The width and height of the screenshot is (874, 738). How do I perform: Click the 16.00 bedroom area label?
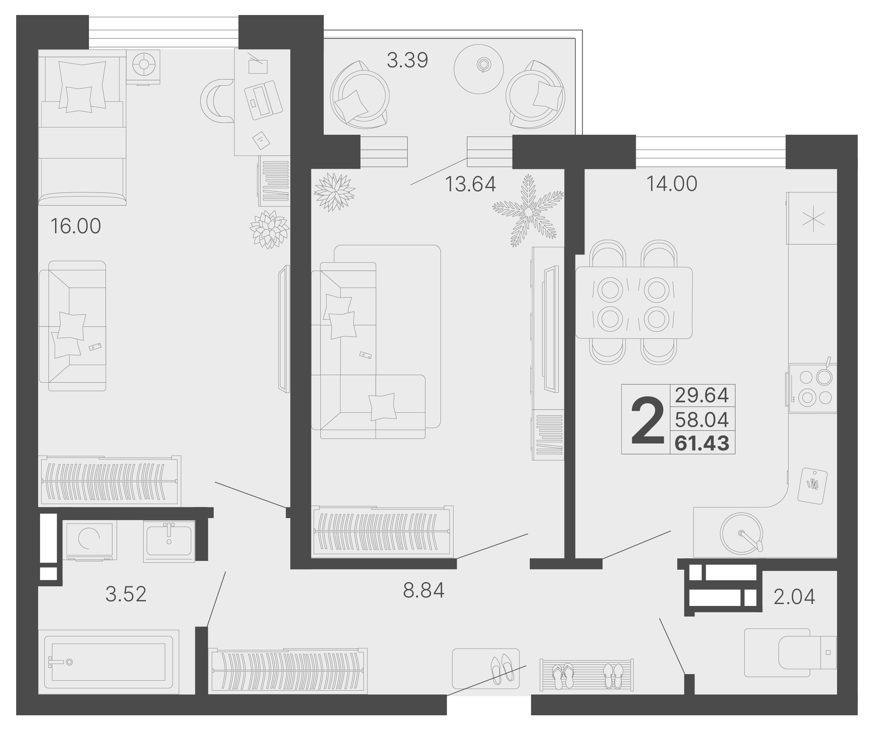click(76, 226)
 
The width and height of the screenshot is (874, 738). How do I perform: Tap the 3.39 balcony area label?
click(407, 60)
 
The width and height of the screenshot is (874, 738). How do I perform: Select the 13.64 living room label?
click(470, 184)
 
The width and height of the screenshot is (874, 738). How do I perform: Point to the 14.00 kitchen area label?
click(672, 184)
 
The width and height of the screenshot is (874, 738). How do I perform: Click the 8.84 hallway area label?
click(424, 590)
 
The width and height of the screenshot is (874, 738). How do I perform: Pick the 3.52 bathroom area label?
click(126, 594)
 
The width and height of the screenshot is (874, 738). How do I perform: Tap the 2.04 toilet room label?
click(794, 597)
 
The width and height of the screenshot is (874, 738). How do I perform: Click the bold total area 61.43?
click(702, 443)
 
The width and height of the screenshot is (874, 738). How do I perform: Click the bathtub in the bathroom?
click(109, 662)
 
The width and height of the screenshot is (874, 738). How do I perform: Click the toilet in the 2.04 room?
click(790, 653)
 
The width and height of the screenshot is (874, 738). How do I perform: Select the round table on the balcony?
click(479, 69)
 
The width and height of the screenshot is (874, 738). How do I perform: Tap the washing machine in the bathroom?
click(90, 541)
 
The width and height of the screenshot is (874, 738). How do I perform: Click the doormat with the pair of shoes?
click(486, 669)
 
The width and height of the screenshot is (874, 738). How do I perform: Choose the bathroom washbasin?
click(169, 541)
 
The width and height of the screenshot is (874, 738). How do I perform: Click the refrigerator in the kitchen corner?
click(812, 218)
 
